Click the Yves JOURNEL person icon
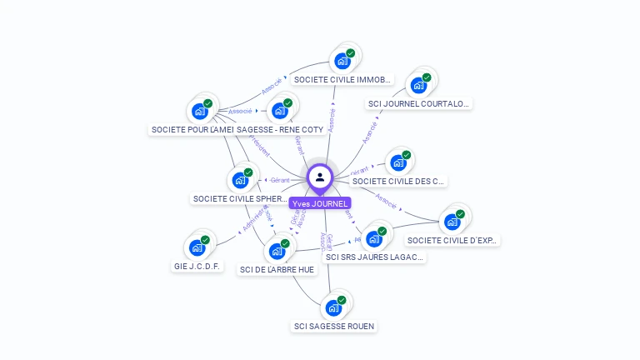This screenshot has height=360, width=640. tap(319, 177)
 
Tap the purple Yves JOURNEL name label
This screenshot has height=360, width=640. tap(319, 203)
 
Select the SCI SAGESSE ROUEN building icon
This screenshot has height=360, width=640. tap(334, 307)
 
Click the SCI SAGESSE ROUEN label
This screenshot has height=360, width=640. tap(334, 326)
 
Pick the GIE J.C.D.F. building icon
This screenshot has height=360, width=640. tap(197, 247)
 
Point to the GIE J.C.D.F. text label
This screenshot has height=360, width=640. tap(198, 267)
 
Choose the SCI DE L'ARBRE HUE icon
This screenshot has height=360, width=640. tap(277, 251)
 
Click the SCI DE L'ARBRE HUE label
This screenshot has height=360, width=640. tap(278, 269)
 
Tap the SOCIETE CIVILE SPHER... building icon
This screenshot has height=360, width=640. tap(240, 180)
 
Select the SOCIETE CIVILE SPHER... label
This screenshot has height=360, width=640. tap(240, 199)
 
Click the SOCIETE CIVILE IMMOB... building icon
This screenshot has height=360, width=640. tap(342, 60)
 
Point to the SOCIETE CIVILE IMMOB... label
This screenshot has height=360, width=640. tap(342, 80)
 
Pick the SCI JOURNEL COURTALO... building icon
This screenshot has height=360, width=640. tap(418, 85)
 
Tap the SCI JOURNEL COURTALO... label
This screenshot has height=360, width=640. tap(419, 104)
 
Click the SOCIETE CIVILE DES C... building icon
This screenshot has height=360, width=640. tap(398, 162)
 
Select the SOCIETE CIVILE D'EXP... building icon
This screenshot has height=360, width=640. tap(452, 222)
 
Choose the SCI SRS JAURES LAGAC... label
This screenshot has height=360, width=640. tap(375, 257)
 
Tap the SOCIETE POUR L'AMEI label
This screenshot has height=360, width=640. tap(192, 130)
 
